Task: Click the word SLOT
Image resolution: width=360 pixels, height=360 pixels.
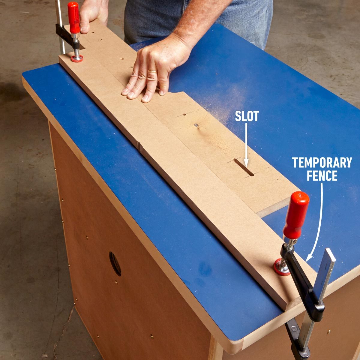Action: coord(247,116)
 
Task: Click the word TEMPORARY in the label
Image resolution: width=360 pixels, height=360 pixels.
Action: coord(322,163)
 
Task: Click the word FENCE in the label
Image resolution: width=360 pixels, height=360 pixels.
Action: coord(322,176)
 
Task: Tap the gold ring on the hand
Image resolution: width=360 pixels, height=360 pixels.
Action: coord(152,71)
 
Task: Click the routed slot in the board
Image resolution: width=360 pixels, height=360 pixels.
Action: coord(244,167)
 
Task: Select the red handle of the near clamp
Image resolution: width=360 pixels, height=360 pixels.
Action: coord(296,214)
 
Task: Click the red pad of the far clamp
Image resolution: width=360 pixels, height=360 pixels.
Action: coord(77,58)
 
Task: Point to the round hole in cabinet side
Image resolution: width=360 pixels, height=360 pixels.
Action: coord(115,264)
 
